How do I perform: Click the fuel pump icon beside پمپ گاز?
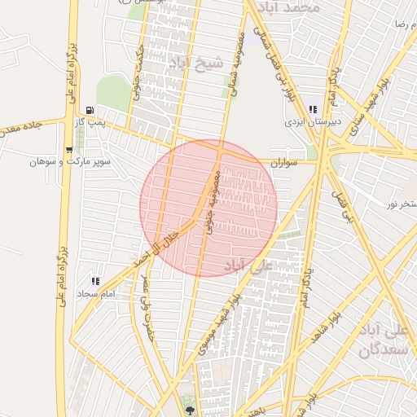coord(89,110)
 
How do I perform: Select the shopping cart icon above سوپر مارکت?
coord(68,150)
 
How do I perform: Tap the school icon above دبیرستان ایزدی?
coord(313,110)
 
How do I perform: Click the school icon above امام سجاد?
coord(96,281)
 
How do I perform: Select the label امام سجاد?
coord(96,292)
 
